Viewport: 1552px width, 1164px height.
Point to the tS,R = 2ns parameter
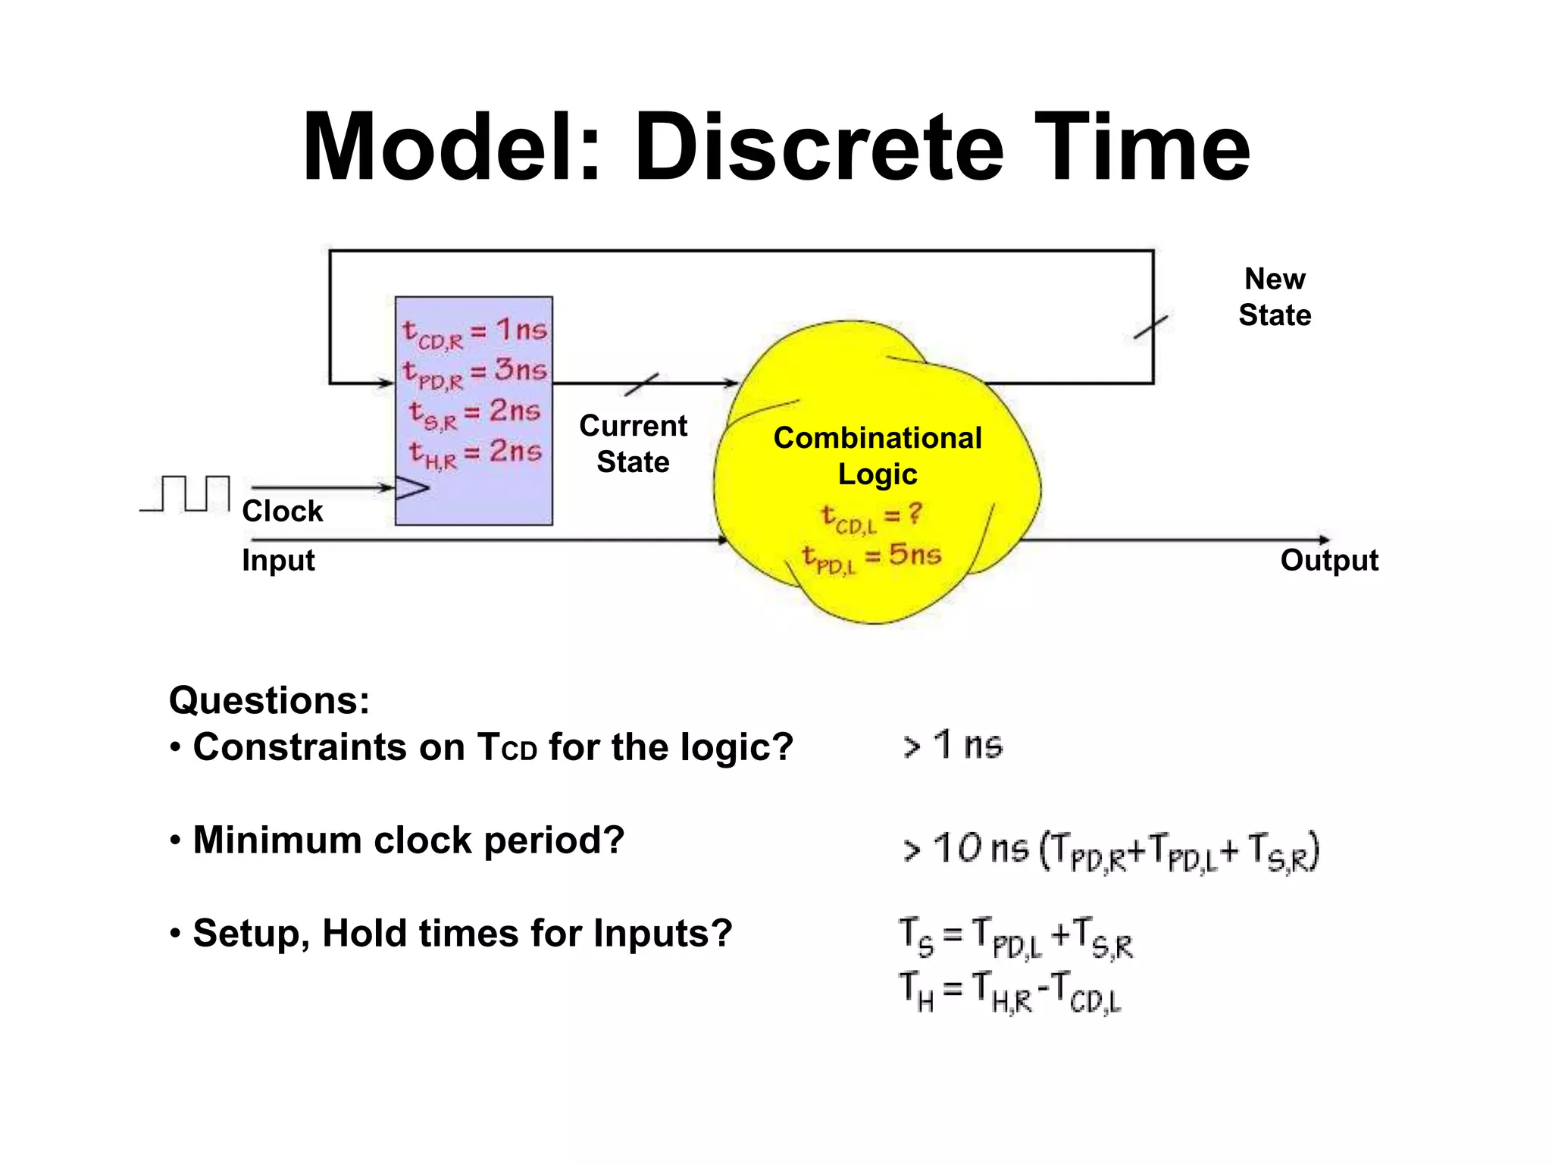tap(474, 414)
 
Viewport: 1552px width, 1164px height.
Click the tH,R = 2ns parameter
tap(474, 453)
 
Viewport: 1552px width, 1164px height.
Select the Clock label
tap(282, 512)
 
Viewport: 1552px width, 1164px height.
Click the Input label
tap(278, 561)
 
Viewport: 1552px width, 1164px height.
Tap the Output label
tap(1329, 561)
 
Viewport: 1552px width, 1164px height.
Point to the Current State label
tap(633, 444)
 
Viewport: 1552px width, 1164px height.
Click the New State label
tap(1275, 297)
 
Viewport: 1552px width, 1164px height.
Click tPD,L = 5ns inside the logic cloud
tap(871, 557)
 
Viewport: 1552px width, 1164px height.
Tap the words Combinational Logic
tap(878, 456)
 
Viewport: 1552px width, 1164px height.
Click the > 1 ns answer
tap(953, 745)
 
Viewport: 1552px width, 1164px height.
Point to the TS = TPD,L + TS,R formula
tap(1015, 937)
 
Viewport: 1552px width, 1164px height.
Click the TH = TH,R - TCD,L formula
tap(1009, 993)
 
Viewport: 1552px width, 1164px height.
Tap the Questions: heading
tap(269, 700)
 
